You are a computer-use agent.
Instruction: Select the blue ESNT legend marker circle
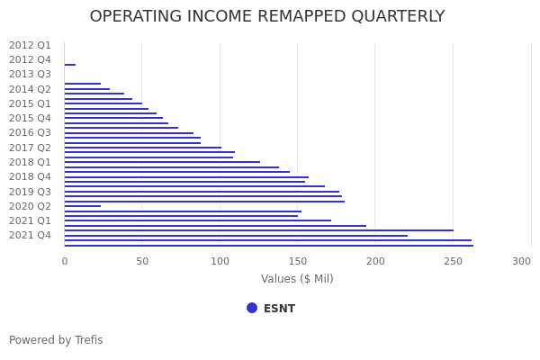coord(252,308)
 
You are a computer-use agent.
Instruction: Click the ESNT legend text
coord(279,309)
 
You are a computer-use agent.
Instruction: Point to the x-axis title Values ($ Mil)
coord(297,279)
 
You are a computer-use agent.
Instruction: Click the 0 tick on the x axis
coord(64,261)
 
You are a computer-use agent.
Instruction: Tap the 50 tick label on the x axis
coord(142,261)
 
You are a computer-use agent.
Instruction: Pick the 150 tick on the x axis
coord(298,261)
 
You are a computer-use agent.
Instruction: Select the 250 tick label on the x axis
coord(454,261)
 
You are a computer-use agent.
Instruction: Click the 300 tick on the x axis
coord(522,261)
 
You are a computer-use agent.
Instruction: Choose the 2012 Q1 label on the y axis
coord(30,45)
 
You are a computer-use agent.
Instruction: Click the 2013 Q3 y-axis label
coord(30,75)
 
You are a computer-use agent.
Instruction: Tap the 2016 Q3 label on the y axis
coord(30,133)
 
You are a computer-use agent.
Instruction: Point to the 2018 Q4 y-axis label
coord(30,177)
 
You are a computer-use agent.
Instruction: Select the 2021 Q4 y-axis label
coord(30,236)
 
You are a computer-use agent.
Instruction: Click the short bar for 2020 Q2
coord(82,206)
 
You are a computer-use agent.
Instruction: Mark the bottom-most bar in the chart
coord(268,246)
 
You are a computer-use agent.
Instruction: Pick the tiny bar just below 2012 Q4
coord(70,65)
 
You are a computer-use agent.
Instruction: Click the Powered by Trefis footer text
coord(56,340)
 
